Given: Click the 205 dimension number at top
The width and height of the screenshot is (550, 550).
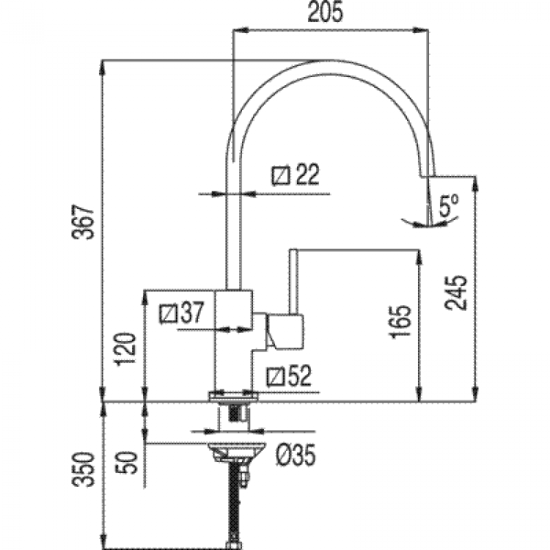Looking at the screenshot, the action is point(325,13).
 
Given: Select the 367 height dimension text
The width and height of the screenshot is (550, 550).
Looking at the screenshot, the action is point(84,221).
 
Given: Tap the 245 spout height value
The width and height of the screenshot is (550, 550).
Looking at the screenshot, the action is point(456,293).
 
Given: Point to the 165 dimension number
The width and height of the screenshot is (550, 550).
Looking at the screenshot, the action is point(400,321).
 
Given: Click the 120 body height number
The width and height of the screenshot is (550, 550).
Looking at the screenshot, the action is point(125,349).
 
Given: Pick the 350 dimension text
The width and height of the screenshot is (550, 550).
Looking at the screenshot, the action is point(84,469).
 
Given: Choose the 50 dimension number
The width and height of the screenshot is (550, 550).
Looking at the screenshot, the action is point(126,463).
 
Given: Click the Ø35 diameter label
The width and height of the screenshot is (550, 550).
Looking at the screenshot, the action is point(296,455).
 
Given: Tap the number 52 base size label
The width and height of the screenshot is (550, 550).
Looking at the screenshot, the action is point(299,376).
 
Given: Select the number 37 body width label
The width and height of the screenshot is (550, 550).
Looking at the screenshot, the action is point(192,313).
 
